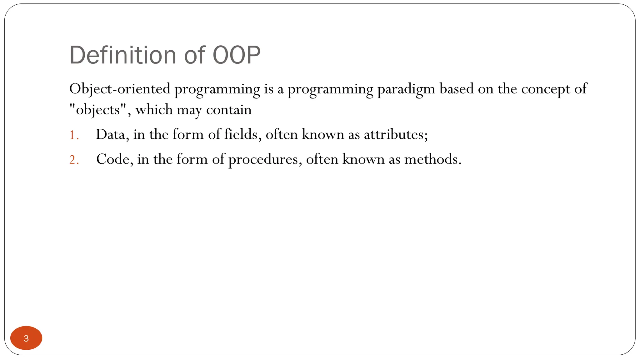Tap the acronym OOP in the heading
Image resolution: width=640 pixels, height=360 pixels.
237,55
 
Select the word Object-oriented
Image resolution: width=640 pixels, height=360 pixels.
120,89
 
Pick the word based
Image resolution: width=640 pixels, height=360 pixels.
457,89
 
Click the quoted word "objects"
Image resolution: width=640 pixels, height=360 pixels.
98,110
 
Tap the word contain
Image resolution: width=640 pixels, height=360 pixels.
229,110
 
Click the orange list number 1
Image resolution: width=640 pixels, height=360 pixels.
73,135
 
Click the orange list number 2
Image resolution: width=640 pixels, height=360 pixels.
74,160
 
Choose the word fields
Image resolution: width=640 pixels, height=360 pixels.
241,135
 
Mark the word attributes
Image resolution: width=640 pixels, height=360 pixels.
394,135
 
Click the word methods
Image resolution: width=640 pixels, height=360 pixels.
431,159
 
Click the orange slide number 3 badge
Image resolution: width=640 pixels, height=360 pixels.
26,338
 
